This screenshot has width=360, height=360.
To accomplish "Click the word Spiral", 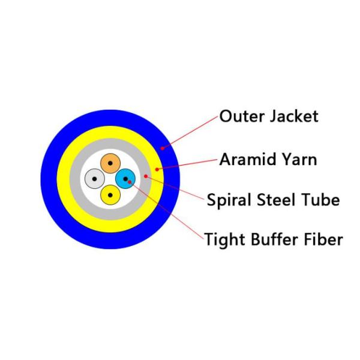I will [229, 200].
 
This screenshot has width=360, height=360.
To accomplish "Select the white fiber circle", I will [95, 178].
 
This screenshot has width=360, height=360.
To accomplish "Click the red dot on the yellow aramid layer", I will [157, 169].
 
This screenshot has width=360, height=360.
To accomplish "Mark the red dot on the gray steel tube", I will [145, 176].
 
